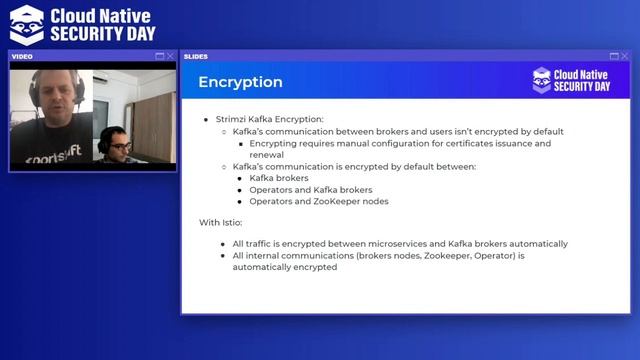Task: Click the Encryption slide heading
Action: point(240,82)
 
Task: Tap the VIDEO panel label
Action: point(22,56)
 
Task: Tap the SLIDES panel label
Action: point(197,56)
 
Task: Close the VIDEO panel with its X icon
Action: point(171,56)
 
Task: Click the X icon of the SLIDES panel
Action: point(626,56)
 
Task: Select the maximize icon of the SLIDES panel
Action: point(614,56)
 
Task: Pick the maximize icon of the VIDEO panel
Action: point(159,56)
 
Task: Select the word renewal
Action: point(266,155)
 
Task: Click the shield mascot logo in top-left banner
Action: point(26,23)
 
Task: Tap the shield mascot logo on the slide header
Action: point(542,80)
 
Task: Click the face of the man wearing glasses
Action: point(119,147)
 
